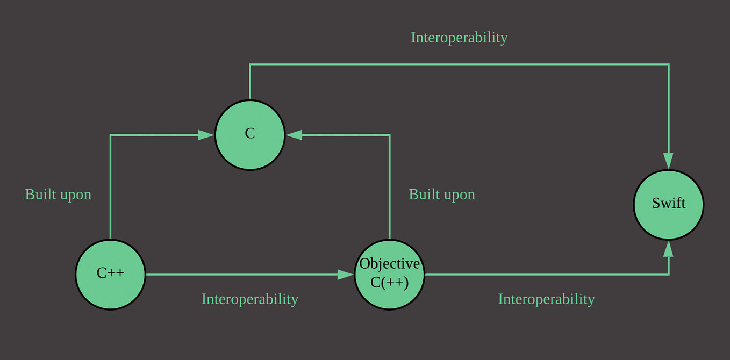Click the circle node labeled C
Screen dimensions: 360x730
pyautogui.click(x=250, y=135)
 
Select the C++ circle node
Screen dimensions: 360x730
pyautogui.click(x=110, y=275)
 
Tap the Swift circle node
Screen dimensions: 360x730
pyautogui.click(x=669, y=205)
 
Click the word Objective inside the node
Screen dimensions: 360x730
pyautogui.click(x=390, y=263)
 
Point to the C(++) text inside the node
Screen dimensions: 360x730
pyautogui.click(x=390, y=282)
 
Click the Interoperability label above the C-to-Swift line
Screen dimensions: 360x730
pyautogui.click(x=459, y=38)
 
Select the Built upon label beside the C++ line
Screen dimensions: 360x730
pyautogui.click(x=58, y=195)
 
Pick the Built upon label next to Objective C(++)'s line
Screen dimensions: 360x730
pyautogui.click(x=442, y=195)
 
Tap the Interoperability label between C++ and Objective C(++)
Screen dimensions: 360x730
pyautogui.click(x=250, y=299)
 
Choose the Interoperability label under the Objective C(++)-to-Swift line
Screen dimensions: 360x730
pyautogui.click(x=546, y=299)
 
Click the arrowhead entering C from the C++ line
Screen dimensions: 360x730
pyautogui.click(x=206, y=135)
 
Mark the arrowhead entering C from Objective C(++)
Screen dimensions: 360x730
pyautogui.click(x=294, y=135)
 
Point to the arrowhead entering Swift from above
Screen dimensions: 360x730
pyautogui.click(x=668, y=161)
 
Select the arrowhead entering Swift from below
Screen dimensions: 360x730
pyautogui.click(x=668, y=249)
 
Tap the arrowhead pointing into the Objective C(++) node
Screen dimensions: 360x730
pyautogui.click(x=346, y=275)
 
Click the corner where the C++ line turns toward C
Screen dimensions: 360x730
pyautogui.click(x=110, y=135)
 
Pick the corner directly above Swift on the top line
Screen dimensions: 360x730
pyautogui.click(x=668, y=64)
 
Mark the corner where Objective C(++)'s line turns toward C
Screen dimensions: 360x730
pyautogui.click(x=390, y=135)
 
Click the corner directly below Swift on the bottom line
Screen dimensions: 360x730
pyautogui.click(x=668, y=275)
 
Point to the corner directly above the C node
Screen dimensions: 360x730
pyautogui.click(x=250, y=64)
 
